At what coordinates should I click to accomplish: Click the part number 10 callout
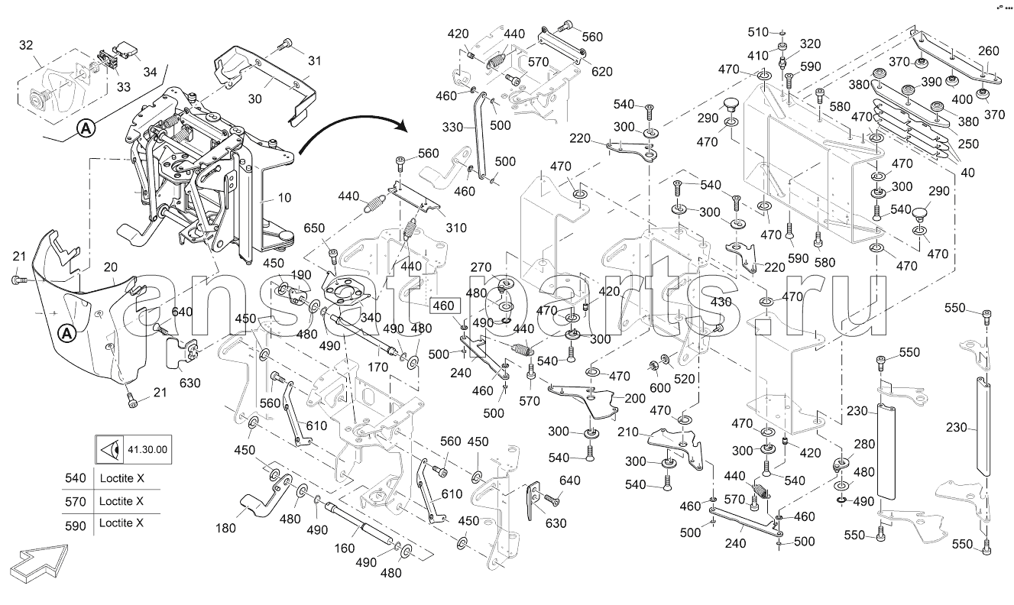[284, 198]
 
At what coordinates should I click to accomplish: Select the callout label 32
[26, 46]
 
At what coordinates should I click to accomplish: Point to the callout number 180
[227, 528]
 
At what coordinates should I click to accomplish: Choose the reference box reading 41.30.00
[131, 449]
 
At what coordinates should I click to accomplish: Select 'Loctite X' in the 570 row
[121, 502]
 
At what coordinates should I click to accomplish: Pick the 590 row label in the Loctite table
[76, 523]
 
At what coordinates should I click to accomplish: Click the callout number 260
[988, 52]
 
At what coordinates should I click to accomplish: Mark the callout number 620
[602, 72]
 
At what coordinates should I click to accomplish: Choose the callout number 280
[863, 445]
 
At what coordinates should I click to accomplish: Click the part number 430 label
[721, 302]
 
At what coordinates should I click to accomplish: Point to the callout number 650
[314, 228]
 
